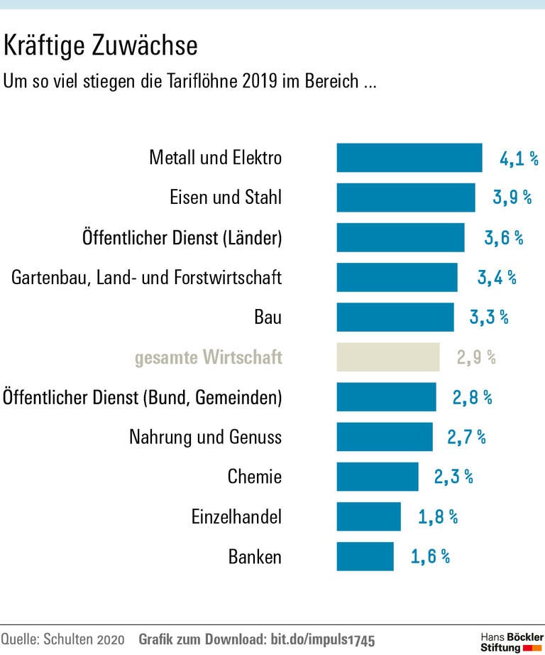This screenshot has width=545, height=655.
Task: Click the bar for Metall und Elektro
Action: [409, 158]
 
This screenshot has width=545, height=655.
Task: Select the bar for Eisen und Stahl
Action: [406, 197]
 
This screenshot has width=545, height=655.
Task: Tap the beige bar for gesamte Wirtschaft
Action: [388, 357]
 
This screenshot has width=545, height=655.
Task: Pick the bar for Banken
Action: [365, 556]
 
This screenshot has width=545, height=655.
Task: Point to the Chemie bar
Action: [378, 477]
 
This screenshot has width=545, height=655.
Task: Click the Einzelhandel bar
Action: [369, 516]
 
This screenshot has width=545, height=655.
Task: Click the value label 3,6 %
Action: [503, 238]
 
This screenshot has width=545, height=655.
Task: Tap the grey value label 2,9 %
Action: [476, 357]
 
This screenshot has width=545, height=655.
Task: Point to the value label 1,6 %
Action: [430, 556]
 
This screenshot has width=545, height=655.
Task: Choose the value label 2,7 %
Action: [466, 437]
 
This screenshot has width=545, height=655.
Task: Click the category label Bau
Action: [268, 317]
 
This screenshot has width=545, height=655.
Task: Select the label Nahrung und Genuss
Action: [205, 436]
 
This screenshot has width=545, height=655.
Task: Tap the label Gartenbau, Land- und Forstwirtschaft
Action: [146, 277]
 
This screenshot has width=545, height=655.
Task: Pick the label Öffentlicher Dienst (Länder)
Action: [182, 237]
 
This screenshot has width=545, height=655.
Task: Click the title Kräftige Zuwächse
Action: [100, 46]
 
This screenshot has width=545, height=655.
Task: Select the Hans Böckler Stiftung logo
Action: [512, 641]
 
